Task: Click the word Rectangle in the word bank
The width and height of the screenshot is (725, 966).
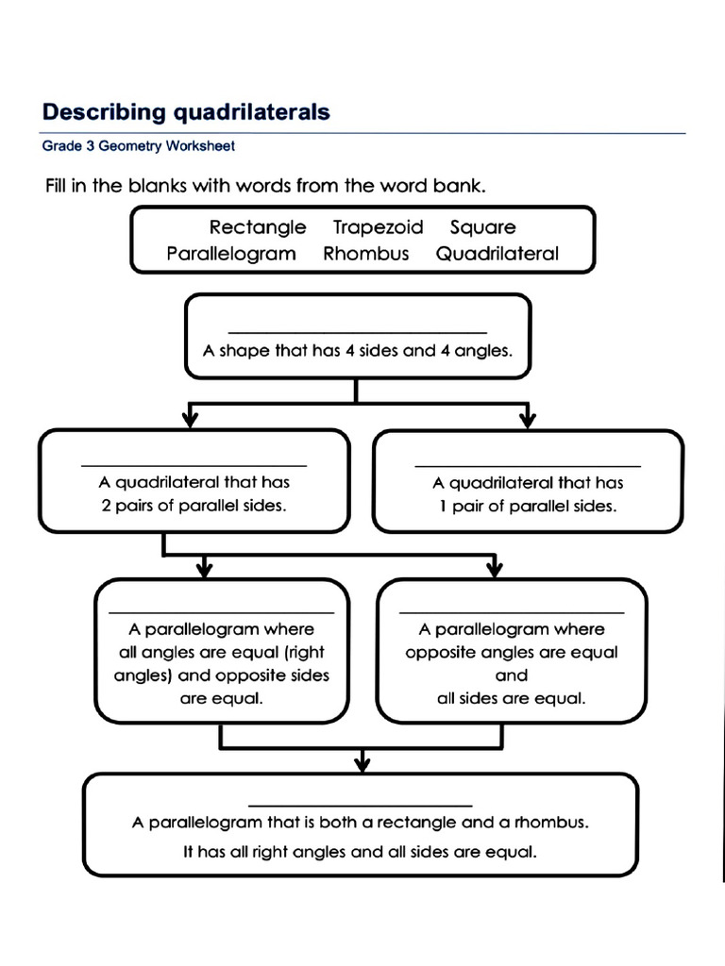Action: [x=258, y=227]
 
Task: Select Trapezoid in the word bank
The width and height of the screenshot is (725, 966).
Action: [x=378, y=227]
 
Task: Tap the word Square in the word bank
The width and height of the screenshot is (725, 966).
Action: [x=482, y=227]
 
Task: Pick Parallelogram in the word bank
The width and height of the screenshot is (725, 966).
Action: [x=231, y=254]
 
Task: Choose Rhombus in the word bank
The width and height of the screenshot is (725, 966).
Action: [x=366, y=254]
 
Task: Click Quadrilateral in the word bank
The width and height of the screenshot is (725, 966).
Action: [x=497, y=254]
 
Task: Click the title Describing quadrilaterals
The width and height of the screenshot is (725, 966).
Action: [x=186, y=113]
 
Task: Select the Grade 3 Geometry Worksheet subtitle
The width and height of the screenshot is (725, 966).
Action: [x=138, y=146]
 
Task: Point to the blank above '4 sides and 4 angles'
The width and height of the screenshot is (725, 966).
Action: [x=358, y=330]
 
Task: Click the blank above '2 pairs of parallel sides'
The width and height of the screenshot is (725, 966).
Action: [x=194, y=464]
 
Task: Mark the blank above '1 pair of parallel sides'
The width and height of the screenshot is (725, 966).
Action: [x=528, y=464]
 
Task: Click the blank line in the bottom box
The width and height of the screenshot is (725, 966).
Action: [x=360, y=805]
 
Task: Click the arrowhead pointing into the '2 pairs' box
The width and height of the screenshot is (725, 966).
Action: [x=192, y=417]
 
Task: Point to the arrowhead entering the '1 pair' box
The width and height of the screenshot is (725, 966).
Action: [x=527, y=417]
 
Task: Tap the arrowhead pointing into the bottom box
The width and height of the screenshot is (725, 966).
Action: [x=361, y=760]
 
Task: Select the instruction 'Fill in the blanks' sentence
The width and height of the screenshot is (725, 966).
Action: [x=265, y=186]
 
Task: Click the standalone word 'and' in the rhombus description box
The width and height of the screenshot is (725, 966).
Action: [x=511, y=675]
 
